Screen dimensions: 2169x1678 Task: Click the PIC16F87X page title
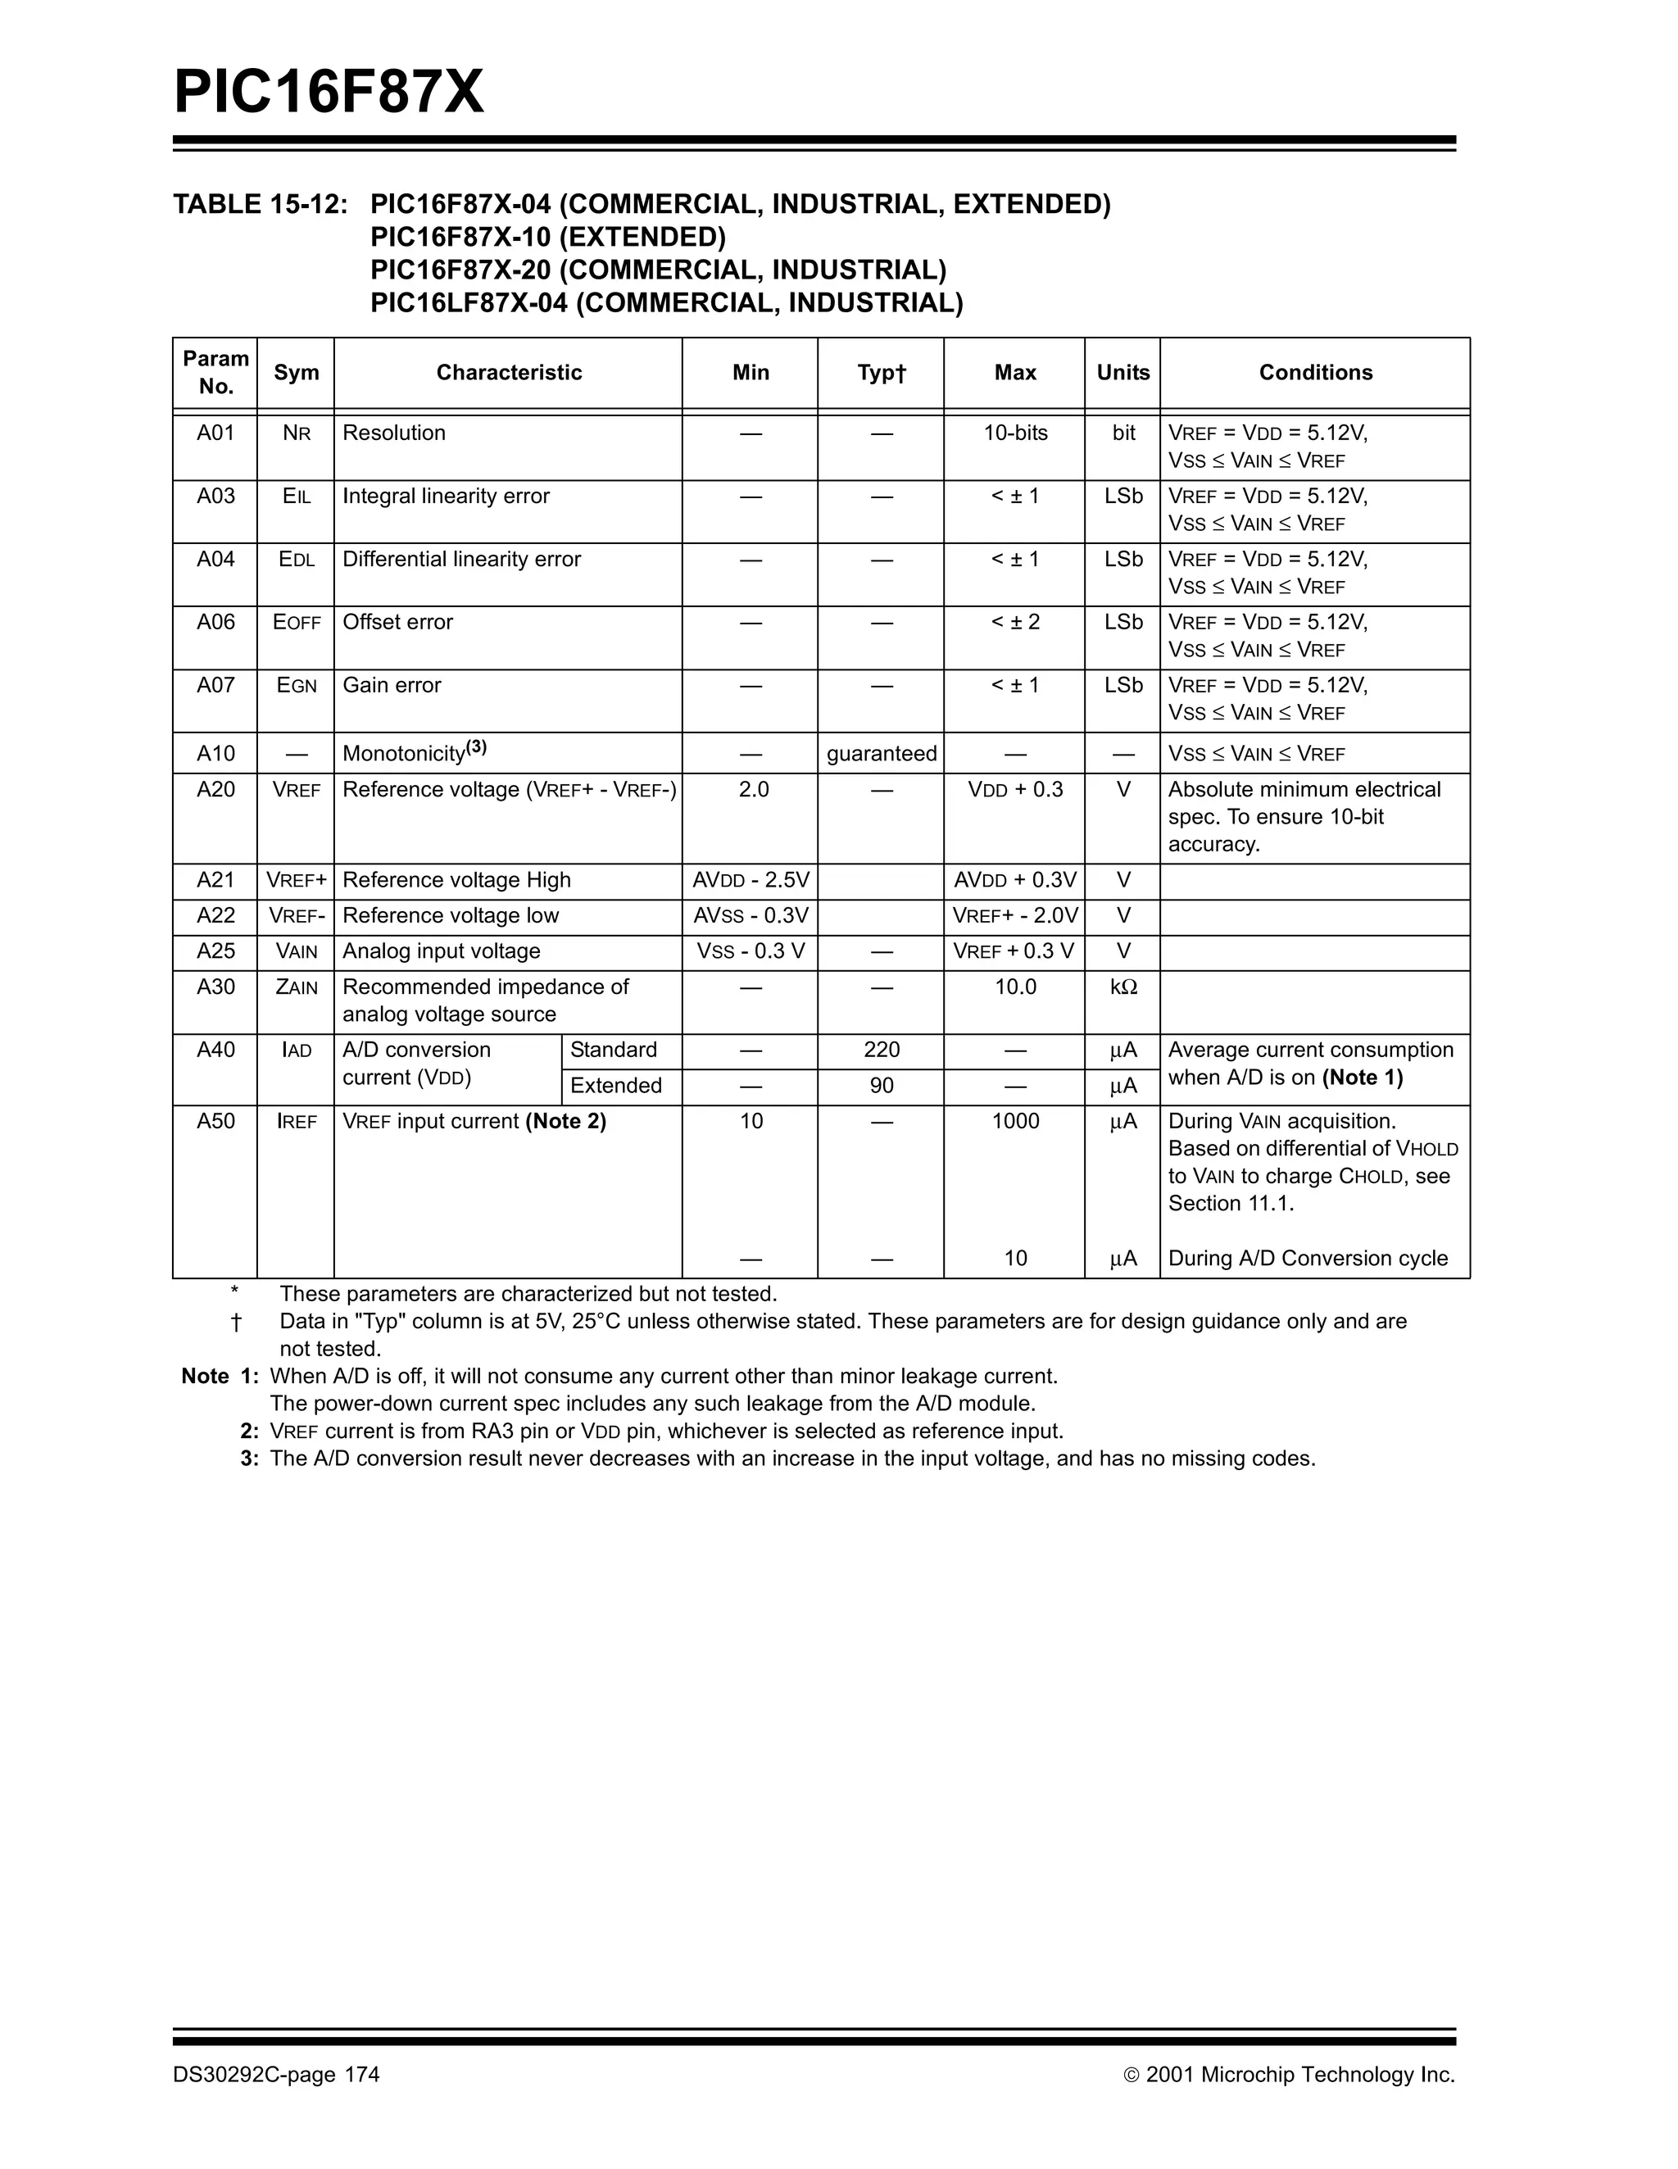[x=329, y=93]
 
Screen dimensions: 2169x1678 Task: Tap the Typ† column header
[x=881, y=372]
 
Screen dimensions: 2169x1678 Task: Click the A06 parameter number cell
[x=215, y=622]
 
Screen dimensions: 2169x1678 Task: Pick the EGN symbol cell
[x=296, y=685]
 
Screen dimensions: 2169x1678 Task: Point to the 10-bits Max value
[x=1014, y=433]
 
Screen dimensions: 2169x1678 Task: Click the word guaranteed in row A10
[x=881, y=754]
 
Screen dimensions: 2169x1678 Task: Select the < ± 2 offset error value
[x=1014, y=622]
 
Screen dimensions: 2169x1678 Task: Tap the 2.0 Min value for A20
[x=753, y=790]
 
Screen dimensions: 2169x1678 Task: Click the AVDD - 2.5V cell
[x=751, y=880]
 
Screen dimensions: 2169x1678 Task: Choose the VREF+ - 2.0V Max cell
[x=1014, y=915]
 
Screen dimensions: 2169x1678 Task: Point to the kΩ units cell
[x=1123, y=987]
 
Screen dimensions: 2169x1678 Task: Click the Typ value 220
[x=881, y=1050]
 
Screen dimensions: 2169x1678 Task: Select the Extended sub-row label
[x=615, y=1086]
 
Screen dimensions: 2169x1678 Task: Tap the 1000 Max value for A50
[x=1014, y=1121]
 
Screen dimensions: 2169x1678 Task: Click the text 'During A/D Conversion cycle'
[x=1308, y=1259]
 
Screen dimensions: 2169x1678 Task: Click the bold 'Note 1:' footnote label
[x=220, y=1377]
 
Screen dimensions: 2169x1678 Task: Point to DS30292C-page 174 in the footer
[x=276, y=2075]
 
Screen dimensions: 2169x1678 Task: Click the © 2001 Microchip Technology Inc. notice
[x=1289, y=2075]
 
